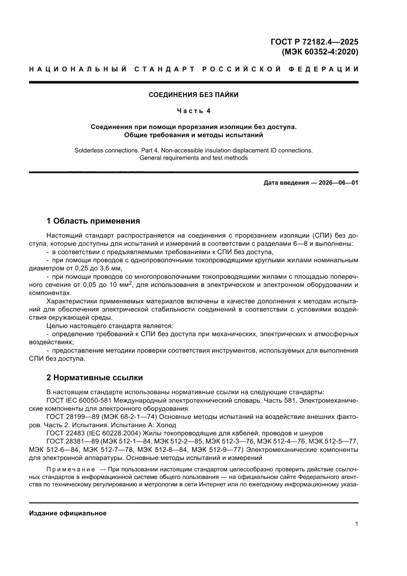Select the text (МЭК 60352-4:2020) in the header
319,51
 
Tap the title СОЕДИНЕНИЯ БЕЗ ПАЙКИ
194,95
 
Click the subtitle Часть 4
194,111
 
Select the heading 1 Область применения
93,221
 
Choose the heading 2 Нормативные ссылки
94,377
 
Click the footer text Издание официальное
68,513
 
